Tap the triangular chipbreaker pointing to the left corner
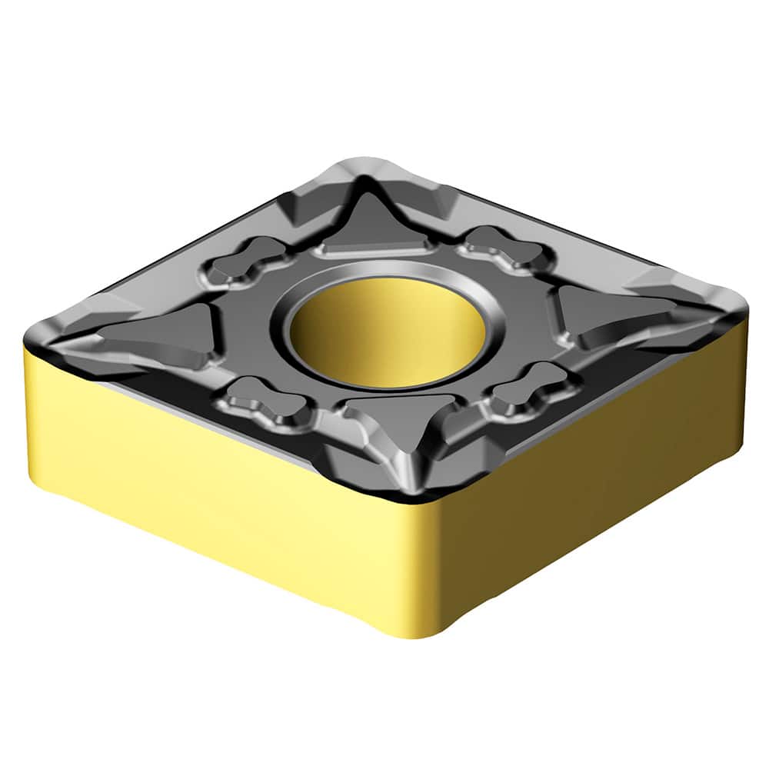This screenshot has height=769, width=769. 158,335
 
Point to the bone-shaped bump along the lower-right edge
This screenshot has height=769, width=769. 531,388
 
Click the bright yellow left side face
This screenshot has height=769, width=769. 208,492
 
